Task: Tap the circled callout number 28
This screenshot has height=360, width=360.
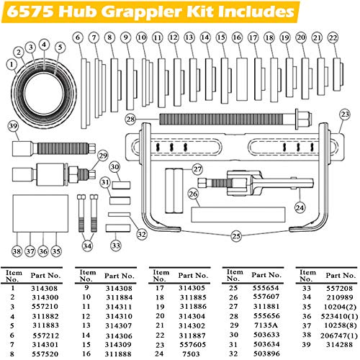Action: click(x=130, y=118)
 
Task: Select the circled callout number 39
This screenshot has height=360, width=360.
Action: click(x=13, y=127)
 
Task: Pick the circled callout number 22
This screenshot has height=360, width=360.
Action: click(x=332, y=37)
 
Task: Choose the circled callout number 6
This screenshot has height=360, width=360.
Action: click(x=77, y=37)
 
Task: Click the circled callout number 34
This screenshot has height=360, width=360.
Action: click(x=87, y=246)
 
